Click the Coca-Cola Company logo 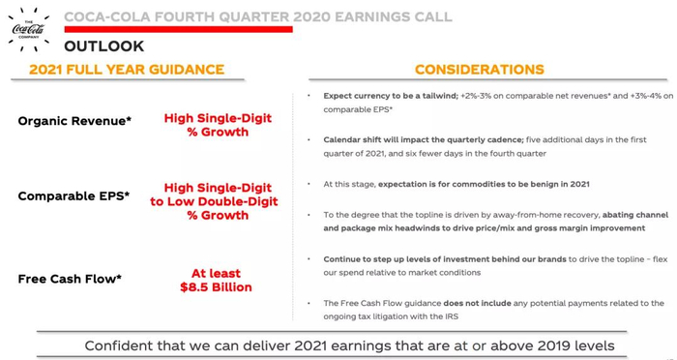[x=28, y=29]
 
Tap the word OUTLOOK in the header [x=104, y=46]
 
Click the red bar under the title [x=179, y=29]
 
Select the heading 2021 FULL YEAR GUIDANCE [x=127, y=69]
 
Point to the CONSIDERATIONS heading [x=480, y=69]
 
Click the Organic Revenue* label [x=74, y=121]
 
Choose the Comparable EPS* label [x=74, y=196]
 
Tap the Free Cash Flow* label [x=70, y=279]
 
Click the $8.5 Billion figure [x=216, y=287]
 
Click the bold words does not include [x=477, y=303]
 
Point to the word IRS [x=451, y=316]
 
